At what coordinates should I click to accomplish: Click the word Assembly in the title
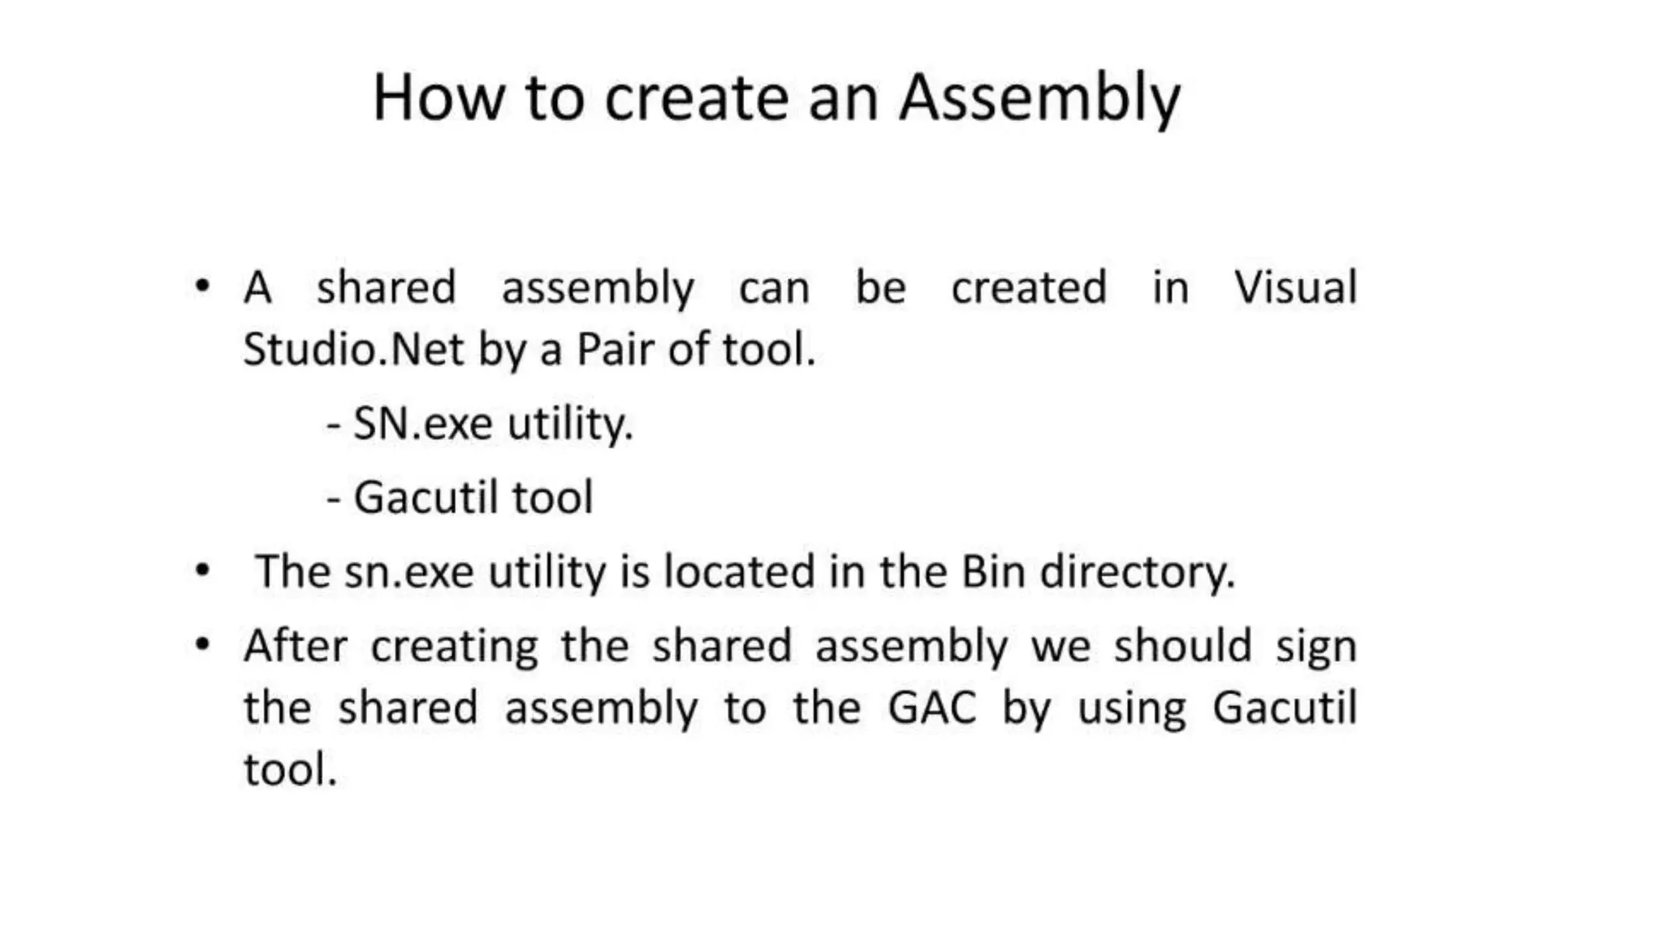1039,99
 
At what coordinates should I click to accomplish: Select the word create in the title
697,99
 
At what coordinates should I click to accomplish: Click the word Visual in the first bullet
1295,287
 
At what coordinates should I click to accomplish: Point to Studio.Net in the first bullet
354,349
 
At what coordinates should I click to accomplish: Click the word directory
1138,573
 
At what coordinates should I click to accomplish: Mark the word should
1182,646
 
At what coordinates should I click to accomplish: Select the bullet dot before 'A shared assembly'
202,286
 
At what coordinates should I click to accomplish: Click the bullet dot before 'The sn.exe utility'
202,571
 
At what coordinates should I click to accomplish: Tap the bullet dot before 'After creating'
202,645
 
